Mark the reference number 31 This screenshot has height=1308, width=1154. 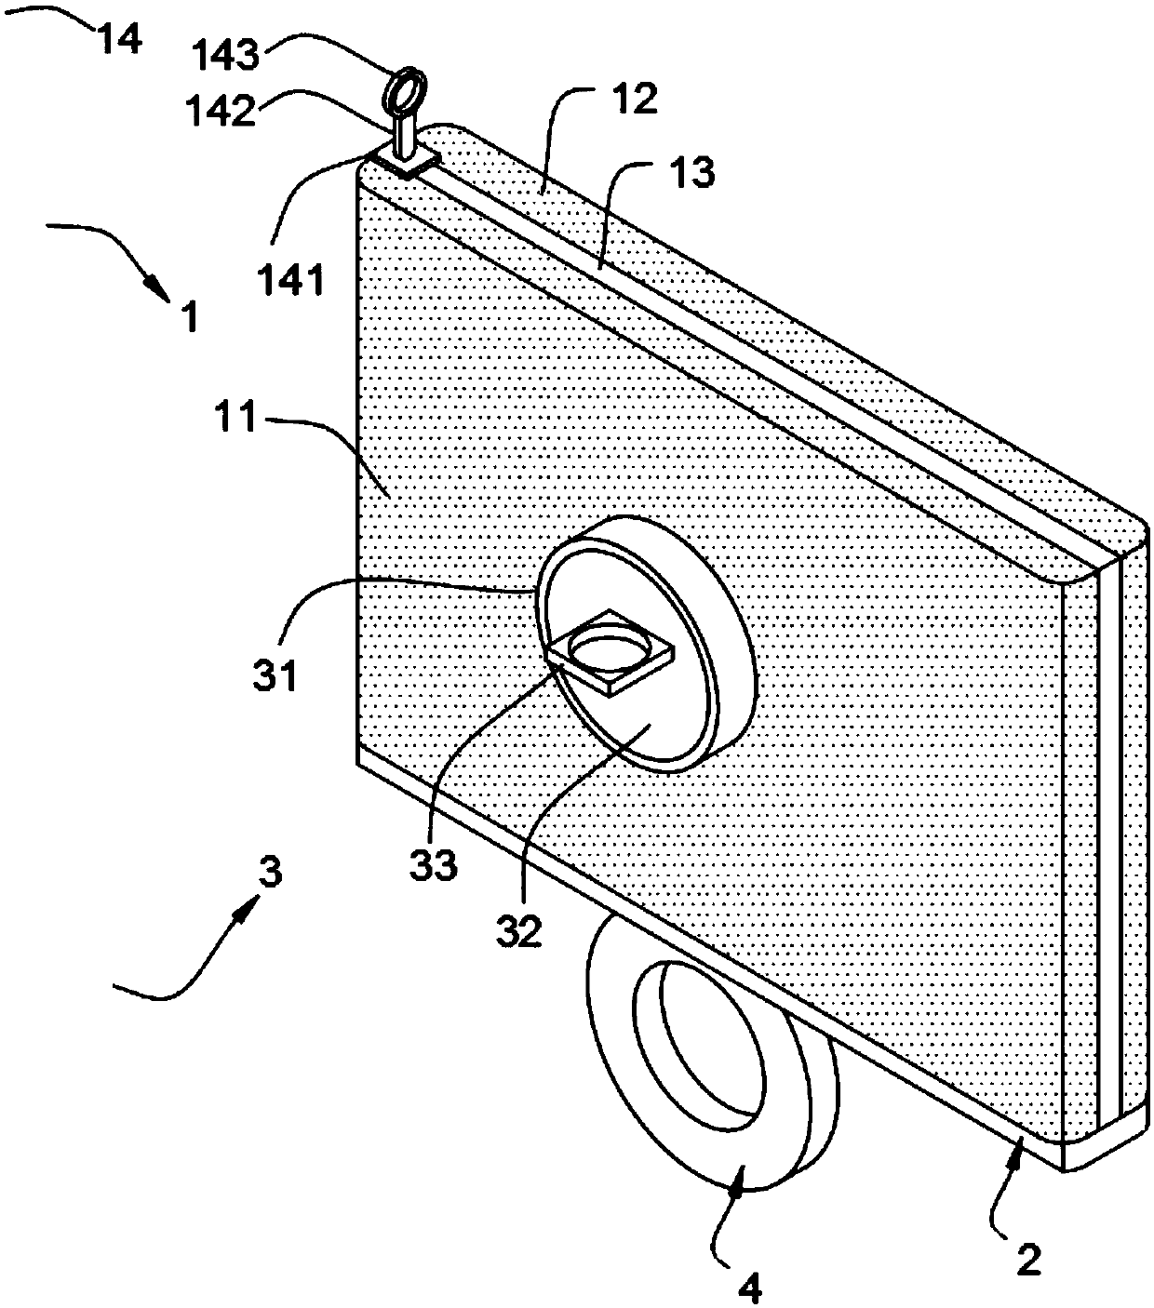pyautogui.click(x=275, y=673)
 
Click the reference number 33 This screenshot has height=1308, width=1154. pyautogui.click(x=435, y=865)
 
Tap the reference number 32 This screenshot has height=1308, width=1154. pyautogui.click(x=519, y=931)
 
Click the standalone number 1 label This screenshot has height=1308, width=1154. pyautogui.click(x=189, y=317)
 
